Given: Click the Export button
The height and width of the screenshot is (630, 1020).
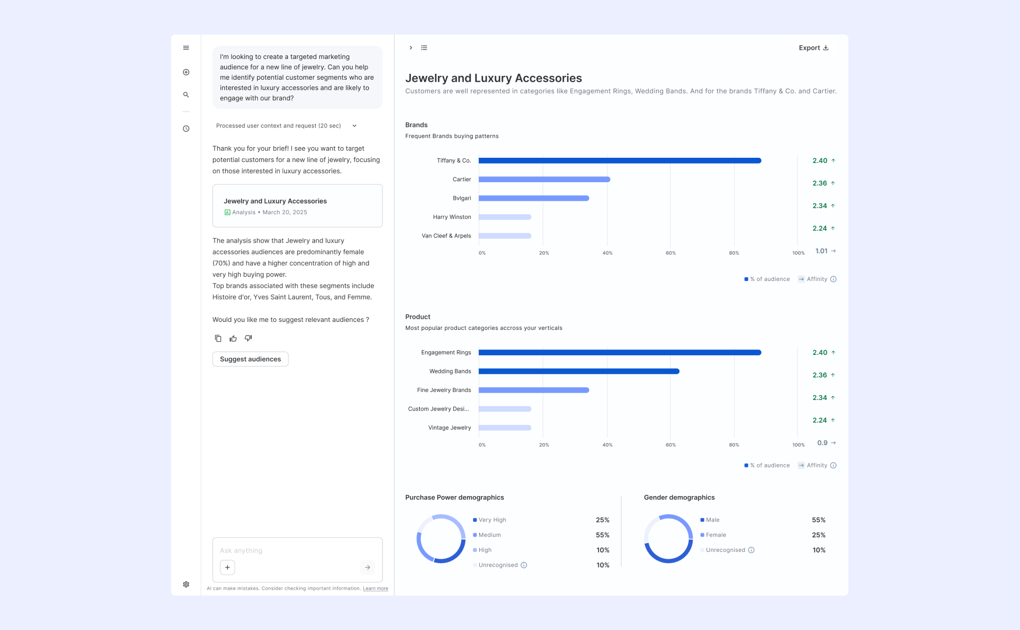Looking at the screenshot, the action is click(813, 48).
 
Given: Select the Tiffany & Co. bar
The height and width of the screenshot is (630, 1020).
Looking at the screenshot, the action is click(620, 160).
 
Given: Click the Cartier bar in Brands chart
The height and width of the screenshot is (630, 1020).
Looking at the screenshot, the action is click(545, 180).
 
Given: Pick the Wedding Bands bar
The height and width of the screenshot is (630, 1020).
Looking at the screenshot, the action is click(579, 371).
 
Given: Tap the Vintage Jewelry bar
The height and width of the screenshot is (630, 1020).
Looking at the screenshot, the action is click(505, 428).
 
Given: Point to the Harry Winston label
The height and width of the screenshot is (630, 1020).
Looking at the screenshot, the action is click(452, 217).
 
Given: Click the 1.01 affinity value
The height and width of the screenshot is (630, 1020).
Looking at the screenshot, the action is click(821, 251).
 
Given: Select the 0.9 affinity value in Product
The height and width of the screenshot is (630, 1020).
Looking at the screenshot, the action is click(822, 443).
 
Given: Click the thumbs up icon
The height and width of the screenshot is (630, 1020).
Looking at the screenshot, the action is click(233, 338).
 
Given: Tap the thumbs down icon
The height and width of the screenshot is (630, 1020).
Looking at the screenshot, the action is click(248, 338).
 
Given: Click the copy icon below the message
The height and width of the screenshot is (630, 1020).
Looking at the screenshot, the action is click(218, 338).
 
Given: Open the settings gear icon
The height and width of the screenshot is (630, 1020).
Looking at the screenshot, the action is click(186, 584).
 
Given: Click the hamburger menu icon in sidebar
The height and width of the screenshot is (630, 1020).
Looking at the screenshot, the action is click(186, 48).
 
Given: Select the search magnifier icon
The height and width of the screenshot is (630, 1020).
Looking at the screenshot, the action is click(186, 95).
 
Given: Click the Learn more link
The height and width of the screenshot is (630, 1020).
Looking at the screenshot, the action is click(376, 589).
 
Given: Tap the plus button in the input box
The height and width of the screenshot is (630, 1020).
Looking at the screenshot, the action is click(227, 567).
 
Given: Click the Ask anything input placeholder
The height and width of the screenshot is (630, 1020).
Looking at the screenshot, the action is click(241, 551).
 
